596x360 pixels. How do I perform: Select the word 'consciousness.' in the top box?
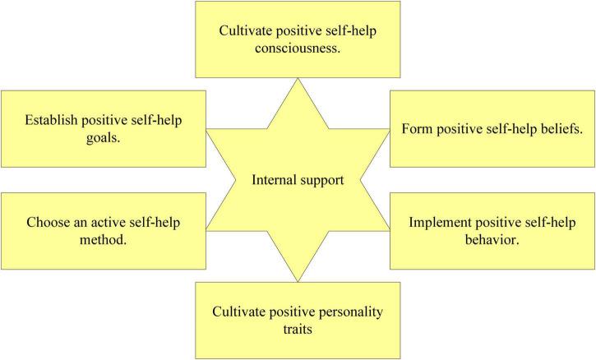pyautogui.click(x=298, y=48)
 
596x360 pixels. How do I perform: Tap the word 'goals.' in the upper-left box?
pyautogui.click(x=104, y=139)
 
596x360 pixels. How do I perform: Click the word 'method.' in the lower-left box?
pyautogui.click(x=104, y=241)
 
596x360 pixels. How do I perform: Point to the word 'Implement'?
pyautogui.click(x=437, y=222)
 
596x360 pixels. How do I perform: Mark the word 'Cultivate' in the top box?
pyautogui.click(x=244, y=31)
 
